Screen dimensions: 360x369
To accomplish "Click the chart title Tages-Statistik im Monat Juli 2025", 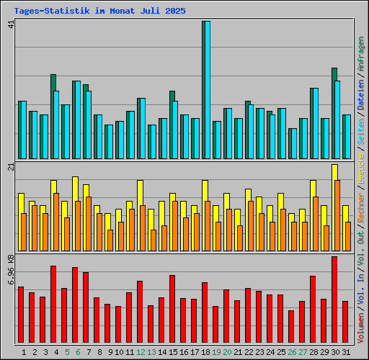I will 99,12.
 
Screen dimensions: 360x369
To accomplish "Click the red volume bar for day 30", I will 334,300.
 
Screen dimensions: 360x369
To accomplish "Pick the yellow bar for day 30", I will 334,173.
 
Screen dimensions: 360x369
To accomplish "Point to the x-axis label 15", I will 173,352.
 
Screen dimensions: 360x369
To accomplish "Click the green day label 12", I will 141,352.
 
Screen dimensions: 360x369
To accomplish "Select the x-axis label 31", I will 346,352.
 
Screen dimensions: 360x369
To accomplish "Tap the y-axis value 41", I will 10,24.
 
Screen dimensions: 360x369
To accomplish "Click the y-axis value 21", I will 10,167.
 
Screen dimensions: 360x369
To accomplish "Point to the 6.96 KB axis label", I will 10,270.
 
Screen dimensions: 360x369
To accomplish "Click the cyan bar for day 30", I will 337,120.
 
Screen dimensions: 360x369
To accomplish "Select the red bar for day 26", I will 291,327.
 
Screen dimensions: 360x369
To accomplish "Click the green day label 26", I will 292,352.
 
